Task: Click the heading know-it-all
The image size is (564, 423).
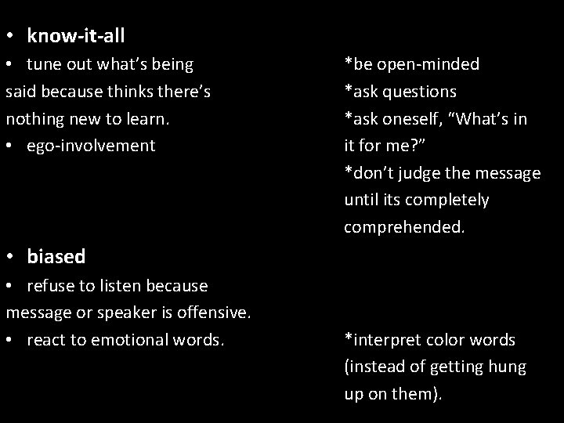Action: pos(76,36)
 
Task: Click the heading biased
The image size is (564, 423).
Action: pos(56,256)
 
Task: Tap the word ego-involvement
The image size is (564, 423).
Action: pos(91,146)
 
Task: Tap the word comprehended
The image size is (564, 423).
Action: pos(404,227)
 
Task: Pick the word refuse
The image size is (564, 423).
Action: pos(50,286)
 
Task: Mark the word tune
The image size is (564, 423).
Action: pos(44,64)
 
